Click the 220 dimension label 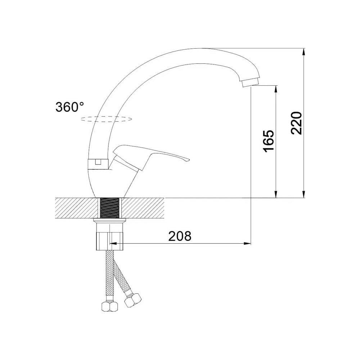(x=296, y=123)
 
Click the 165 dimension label (x=269, y=141)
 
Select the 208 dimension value (x=180, y=236)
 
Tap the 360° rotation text (x=70, y=107)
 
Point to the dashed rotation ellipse (x=106, y=119)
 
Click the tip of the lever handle (x=188, y=159)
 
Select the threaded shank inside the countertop (x=110, y=208)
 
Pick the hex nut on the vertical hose (x=110, y=306)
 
